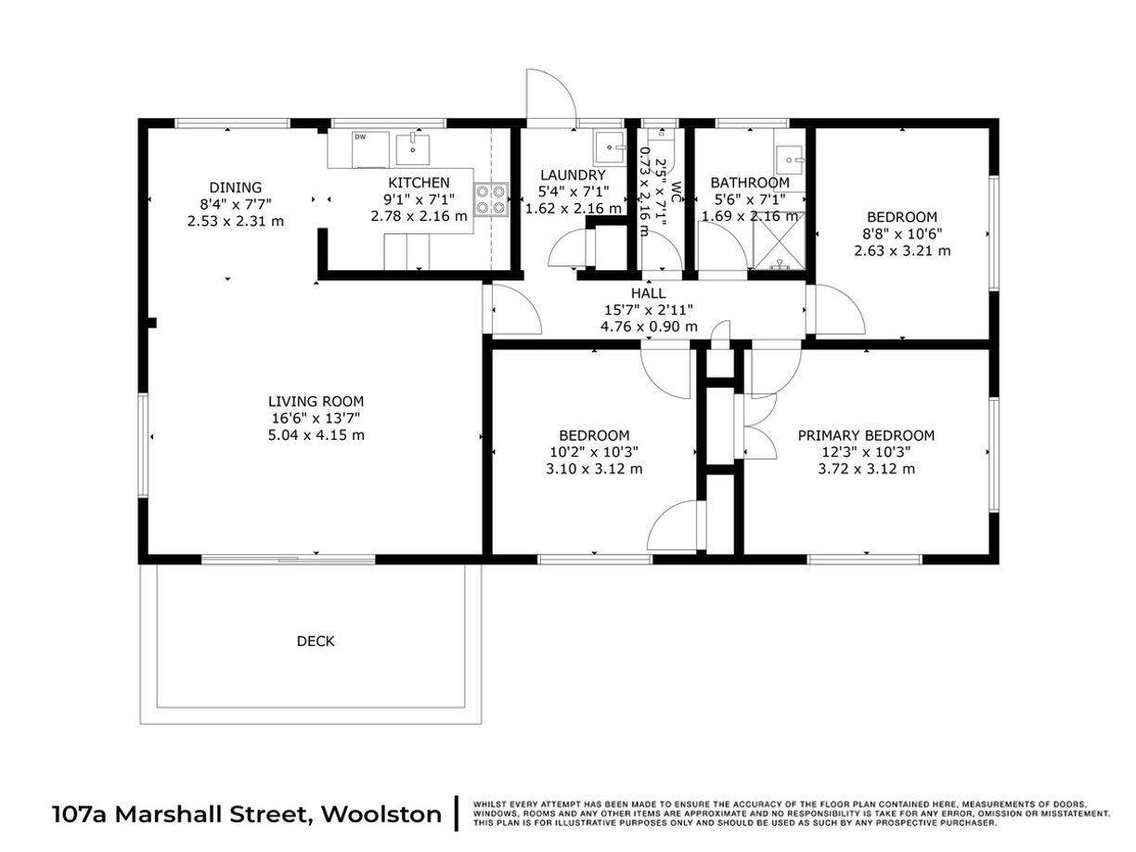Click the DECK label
pyautogui.click(x=316, y=641)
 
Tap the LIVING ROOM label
pyautogui.click(x=316, y=401)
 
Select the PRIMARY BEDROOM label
pyautogui.click(x=866, y=435)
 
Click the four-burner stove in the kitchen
pyautogui.click(x=490, y=200)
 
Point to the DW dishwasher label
pyautogui.click(x=360, y=137)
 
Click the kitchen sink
pyautogui.click(x=412, y=148)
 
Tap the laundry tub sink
pyautogui.click(x=610, y=148)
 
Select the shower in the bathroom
pyautogui.click(x=779, y=240)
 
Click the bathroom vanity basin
pyautogui.click(x=789, y=160)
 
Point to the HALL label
pyautogui.click(x=648, y=293)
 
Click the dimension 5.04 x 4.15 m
pyautogui.click(x=316, y=435)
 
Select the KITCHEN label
pyautogui.click(x=419, y=183)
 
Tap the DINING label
pyautogui.click(x=236, y=187)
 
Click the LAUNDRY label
pyautogui.click(x=573, y=174)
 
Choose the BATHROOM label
pyautogui.click(x=750, y=183)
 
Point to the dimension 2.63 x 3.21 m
pyautogui.click(x=902, y=251)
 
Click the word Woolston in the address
pyautogui.click(x=381, y=814)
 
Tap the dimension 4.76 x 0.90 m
pyautogui.click(x=649, y=327)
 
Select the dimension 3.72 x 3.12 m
pyautogui.click(x=866, y=470)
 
